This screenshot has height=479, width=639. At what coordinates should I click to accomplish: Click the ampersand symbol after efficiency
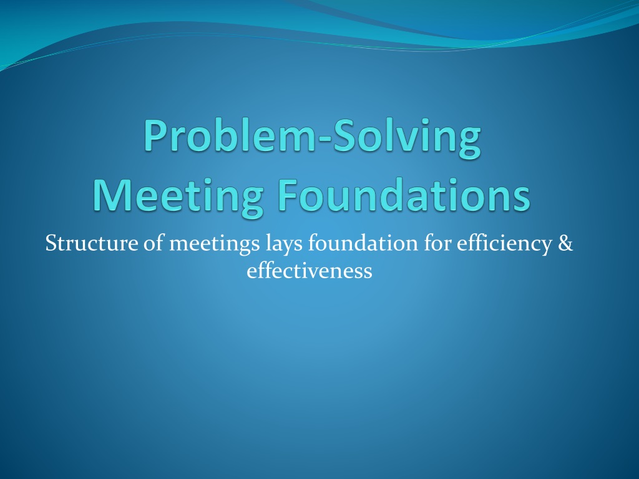point(566,243)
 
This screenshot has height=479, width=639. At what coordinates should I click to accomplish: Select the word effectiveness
point(310,271)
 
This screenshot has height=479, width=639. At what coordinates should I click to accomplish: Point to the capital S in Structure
point(52,243)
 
